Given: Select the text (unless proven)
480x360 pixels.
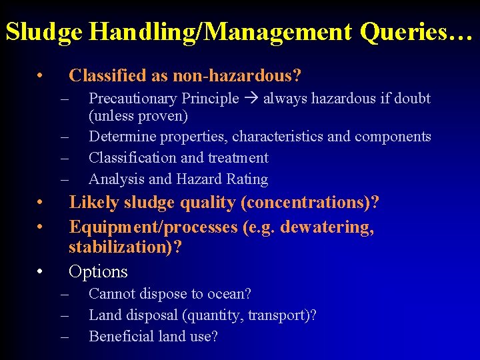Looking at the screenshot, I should (138, 116).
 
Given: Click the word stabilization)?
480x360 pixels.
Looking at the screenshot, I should (125, 247).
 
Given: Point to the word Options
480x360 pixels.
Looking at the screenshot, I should (98, 271).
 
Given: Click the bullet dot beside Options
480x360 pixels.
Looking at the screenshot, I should (41, 271).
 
